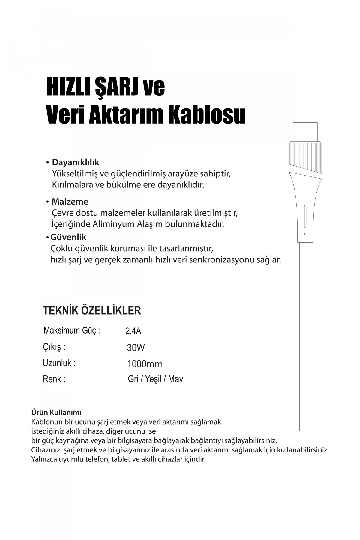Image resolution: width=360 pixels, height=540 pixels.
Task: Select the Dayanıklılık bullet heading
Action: click(76, 162)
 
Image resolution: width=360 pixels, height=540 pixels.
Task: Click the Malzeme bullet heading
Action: click(70, 202)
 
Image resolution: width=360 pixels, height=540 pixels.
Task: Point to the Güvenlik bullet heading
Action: click(68, 237)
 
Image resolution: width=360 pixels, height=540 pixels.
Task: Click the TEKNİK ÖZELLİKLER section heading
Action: click(92, 310)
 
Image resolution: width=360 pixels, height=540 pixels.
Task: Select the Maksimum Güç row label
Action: click(72, 331)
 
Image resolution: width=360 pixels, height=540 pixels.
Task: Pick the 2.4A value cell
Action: click(133, 331)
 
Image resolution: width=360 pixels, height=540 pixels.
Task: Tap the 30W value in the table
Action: click(136, 348)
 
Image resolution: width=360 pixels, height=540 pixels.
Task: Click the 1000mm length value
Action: click(145, 364)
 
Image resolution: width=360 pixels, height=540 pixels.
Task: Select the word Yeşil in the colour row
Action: click(153, 379)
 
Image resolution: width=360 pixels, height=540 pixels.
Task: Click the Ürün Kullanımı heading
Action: click(56, 412)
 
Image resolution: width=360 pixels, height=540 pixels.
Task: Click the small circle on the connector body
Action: click(305, 234)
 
